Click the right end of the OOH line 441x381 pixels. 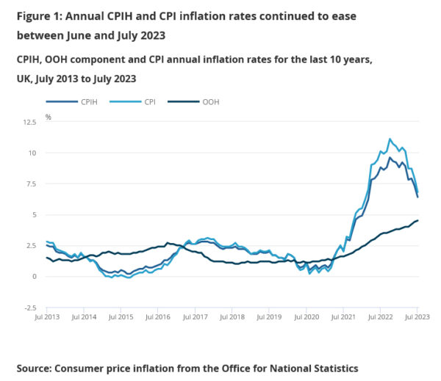click(x=418, y=220)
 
